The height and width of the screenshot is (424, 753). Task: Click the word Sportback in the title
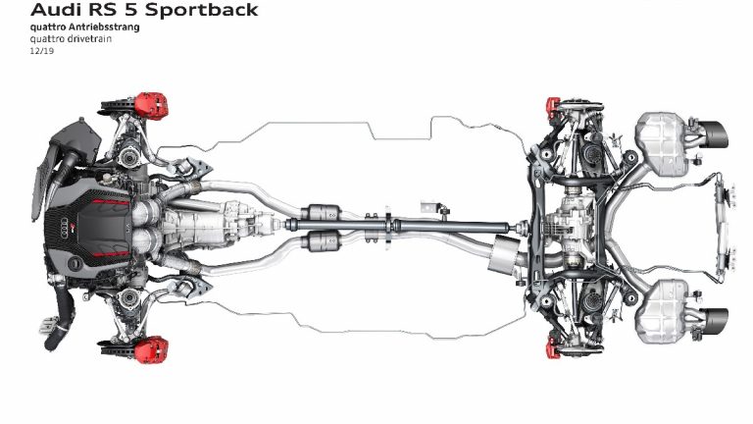[204, 11]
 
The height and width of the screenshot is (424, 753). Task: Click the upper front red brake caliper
[149, 103]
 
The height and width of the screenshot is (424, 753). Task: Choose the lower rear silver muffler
[663, 312]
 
